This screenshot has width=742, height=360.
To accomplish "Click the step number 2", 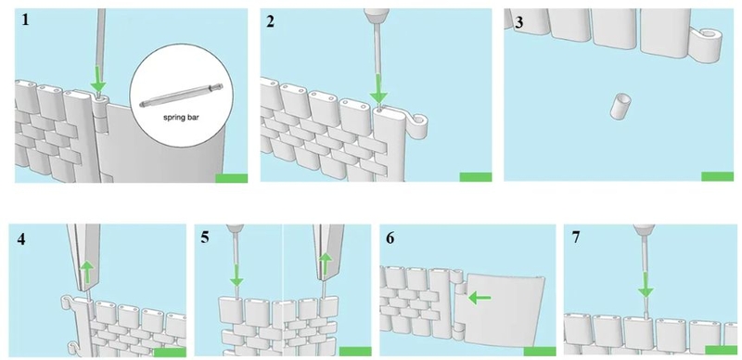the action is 270,21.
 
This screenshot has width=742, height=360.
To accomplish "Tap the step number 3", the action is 519,23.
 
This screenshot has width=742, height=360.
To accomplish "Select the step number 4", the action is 20,239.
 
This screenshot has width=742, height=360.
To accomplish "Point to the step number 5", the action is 204,237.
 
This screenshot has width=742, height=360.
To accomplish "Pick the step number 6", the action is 390,238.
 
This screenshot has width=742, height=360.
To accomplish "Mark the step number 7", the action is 575,238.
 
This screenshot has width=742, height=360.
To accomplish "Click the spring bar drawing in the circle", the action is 181,96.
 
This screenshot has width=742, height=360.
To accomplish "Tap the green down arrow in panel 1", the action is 98,79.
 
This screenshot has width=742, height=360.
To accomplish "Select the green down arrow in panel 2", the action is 378,88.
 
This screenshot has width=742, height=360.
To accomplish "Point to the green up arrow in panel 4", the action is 86,273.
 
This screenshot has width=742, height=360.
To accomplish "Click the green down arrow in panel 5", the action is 237,275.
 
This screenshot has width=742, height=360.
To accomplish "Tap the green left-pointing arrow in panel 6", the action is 480,298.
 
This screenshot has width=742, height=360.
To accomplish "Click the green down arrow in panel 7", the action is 646,285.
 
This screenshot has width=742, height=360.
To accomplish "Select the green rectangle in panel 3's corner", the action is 717,176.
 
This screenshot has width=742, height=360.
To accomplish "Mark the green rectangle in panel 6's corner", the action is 540,351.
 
